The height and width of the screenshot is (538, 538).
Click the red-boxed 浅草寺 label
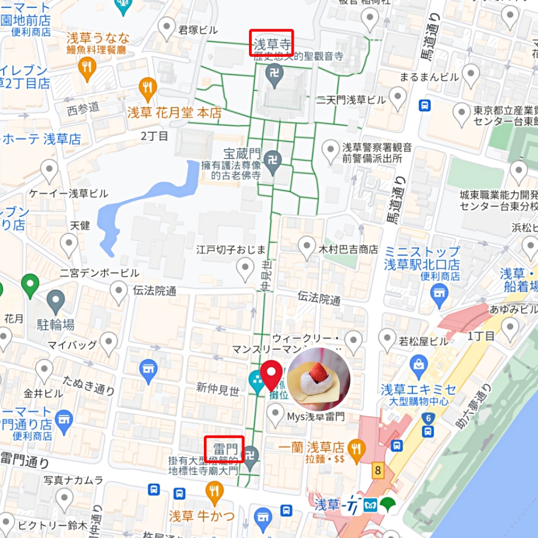click(271, 43)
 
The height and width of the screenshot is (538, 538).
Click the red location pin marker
click(272, 374)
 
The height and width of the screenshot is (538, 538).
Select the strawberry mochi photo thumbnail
click(318, 379)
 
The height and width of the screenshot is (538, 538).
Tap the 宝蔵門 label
click(242, 154)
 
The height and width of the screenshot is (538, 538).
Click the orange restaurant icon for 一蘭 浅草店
click(357, 450)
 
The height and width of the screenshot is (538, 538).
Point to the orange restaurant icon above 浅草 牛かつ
click(214, 492)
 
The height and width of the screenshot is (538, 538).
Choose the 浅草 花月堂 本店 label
click(174, 113)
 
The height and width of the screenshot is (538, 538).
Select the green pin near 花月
click(30, 285)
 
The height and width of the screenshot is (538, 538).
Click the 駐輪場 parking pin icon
click(55, 301)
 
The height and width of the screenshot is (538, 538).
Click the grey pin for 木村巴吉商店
click(307, 246)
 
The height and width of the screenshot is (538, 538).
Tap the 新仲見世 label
click(218, 389)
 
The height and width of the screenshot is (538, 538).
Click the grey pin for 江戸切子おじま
click(245, 269)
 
